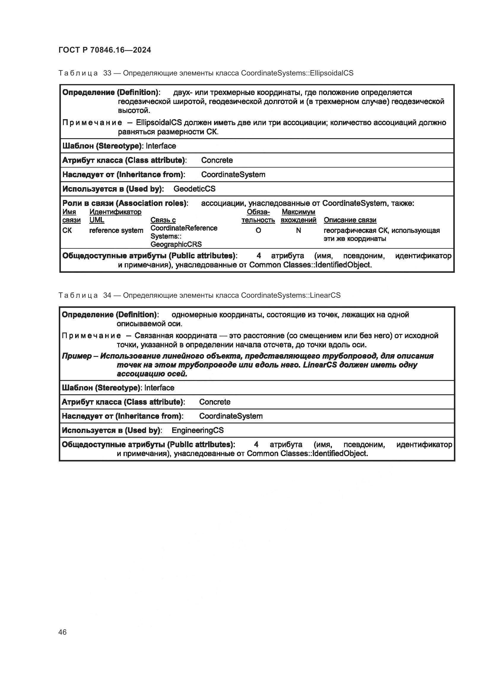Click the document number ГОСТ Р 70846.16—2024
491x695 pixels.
click(104, 50)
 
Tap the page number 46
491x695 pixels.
click(63, 632)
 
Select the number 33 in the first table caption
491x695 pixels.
click(107, 73)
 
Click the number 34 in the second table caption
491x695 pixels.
click(107, 295)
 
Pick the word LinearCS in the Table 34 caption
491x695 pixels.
click(325, 295)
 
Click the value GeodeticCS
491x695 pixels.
click(194, 189)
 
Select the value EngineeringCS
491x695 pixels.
click(197, 430)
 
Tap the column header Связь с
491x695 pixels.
click(163, 220)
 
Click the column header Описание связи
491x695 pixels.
click(350, 220)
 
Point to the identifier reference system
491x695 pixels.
click(116, 230)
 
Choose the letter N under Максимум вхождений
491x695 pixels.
click(298, 230)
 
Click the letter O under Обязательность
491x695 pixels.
click(258, 230)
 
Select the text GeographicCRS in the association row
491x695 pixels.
click(176, 244)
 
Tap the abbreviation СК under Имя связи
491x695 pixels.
click(67, 230)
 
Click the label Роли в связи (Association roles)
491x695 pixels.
click(125, 203)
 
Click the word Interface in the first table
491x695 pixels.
click(161, 146)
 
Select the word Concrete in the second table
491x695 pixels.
click(215, 402)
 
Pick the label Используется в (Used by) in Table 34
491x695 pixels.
click(112, 430)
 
